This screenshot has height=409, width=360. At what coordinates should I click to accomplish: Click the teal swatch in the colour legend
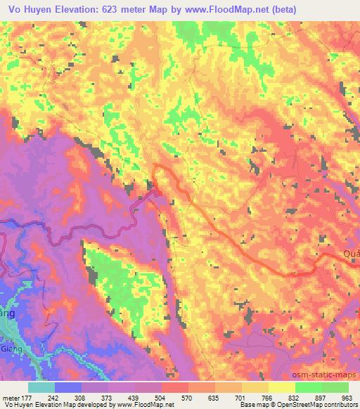(42, 387)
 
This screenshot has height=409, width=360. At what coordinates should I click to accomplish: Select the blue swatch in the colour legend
(69, 387)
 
